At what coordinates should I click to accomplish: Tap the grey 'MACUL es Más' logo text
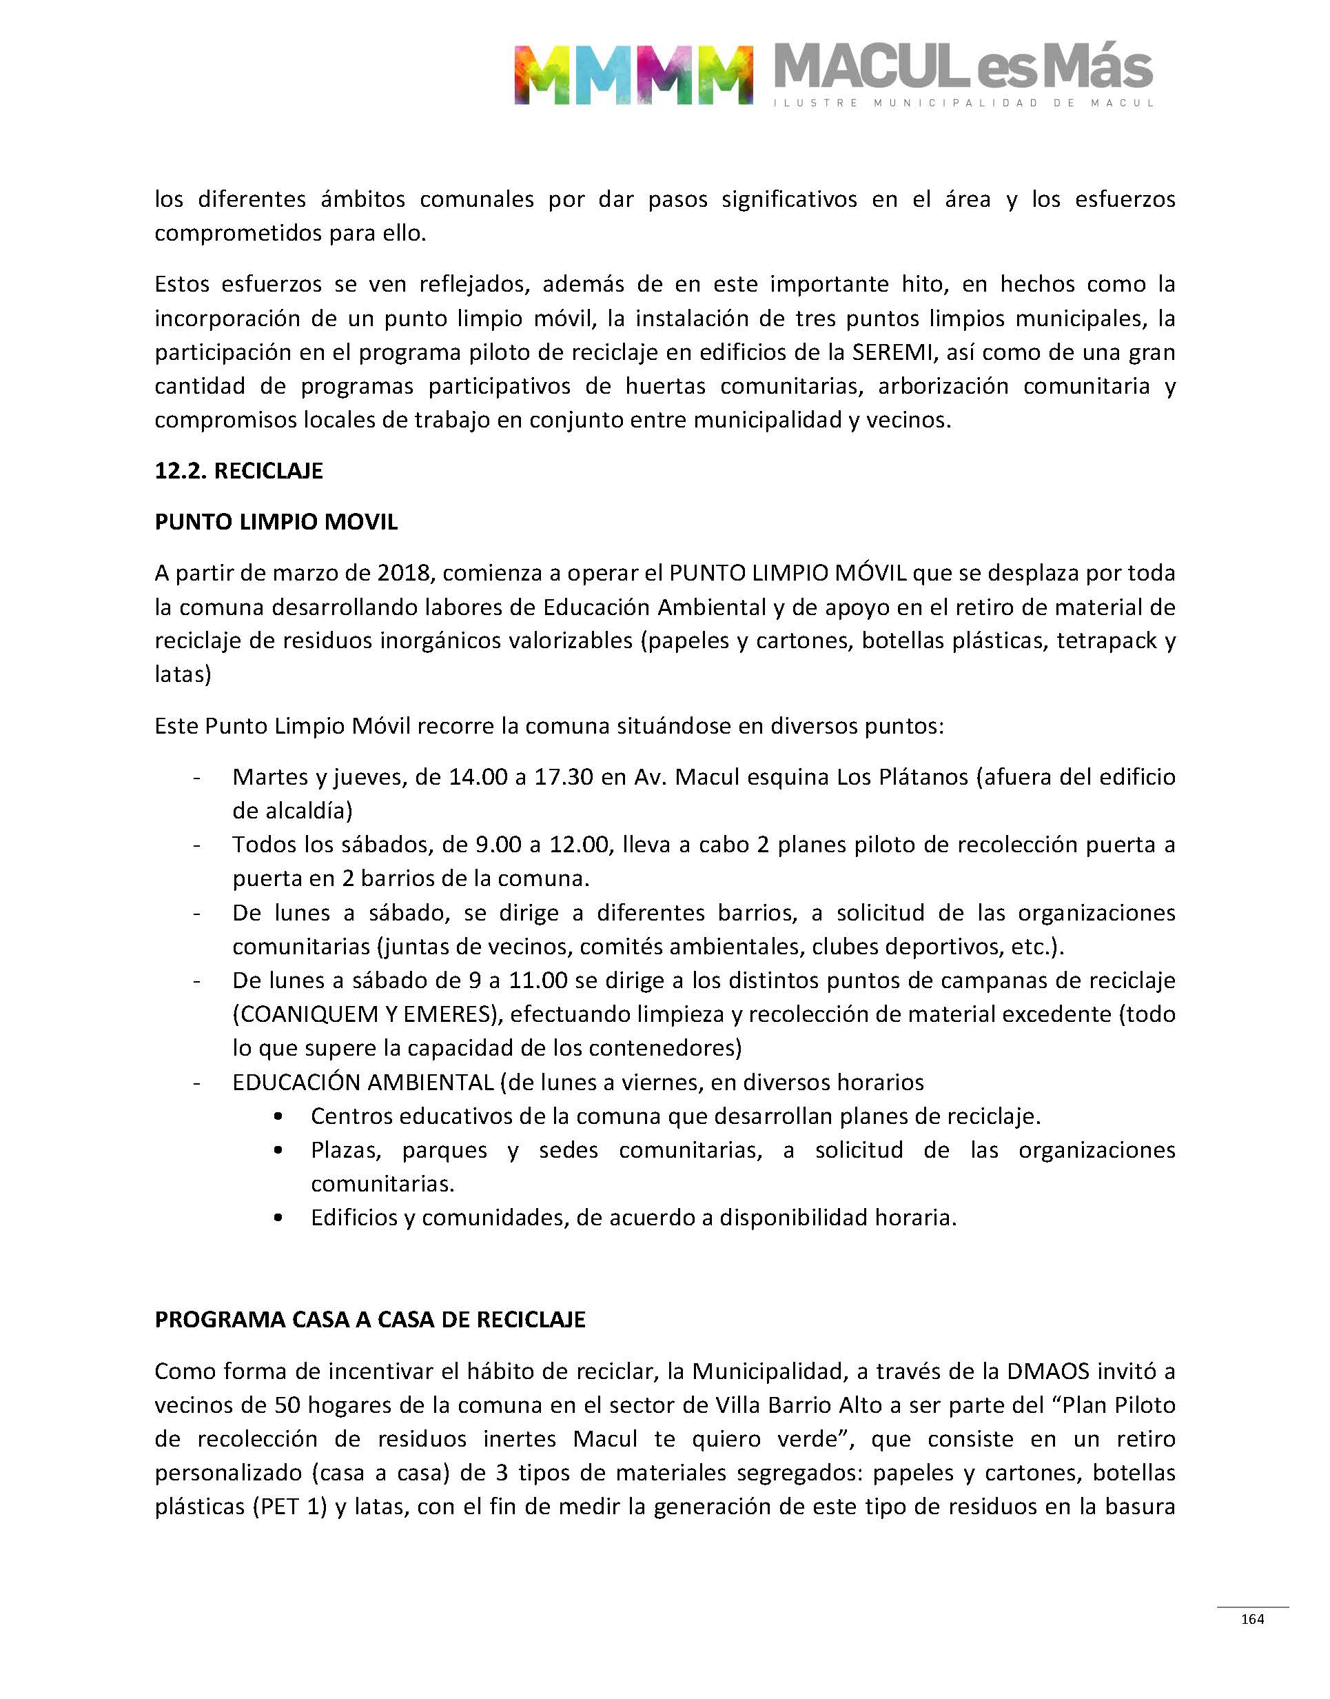pos(963,67)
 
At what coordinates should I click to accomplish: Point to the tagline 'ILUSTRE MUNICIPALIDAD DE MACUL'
pos(963,103)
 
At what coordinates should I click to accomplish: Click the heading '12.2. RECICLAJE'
pos(238,472)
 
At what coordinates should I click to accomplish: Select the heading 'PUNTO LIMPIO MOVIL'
pos(276,522)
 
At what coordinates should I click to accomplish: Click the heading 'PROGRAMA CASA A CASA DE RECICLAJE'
pos(370,1320)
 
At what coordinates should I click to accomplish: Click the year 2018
pos(403,574)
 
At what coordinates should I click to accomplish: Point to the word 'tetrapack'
pos(1106,641)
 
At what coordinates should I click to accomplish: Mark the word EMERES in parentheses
pos(443,1014)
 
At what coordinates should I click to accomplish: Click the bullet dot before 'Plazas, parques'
pos(279,1151)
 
